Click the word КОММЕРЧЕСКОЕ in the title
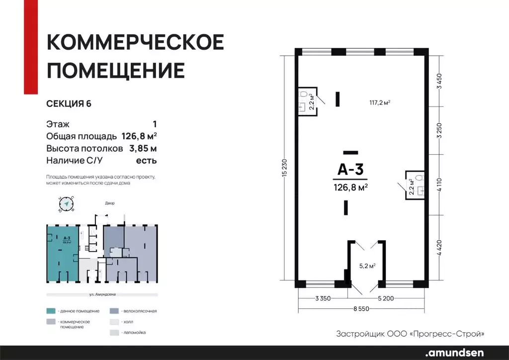(x=135, y=43)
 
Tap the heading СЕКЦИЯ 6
(x=69, y=104)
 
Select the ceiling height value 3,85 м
(x=143, y=148)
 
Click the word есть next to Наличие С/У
(x=147, y=161)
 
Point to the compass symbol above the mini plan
(x=66, y=203)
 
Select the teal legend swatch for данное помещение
(x=51, y=311)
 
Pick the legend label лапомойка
(x=134, y=332)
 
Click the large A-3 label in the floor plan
(x=350, y=170)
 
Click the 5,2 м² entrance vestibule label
(x=367, y=266)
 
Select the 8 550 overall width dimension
(x=361, y=309)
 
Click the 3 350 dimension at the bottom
(x=323, y=298)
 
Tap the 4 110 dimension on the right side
(x=439, y=185)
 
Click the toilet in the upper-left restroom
(x=302, y=94)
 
